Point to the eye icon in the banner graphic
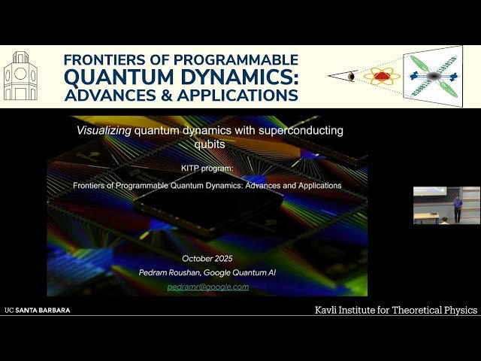pyautogui.click(x=350, y=77)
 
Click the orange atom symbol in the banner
pyautogui.click(x=382, y=76)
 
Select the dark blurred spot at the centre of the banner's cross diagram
pyautogui.click(x=434, y=77)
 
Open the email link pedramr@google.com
pyautogui.click(x=207, y=287)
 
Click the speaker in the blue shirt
pyautogui.click(x=458, y=208)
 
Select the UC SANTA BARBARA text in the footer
pyautogui.click(x=37, y=310)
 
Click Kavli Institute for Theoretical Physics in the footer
pyautogui.click(x=395, y=310)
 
